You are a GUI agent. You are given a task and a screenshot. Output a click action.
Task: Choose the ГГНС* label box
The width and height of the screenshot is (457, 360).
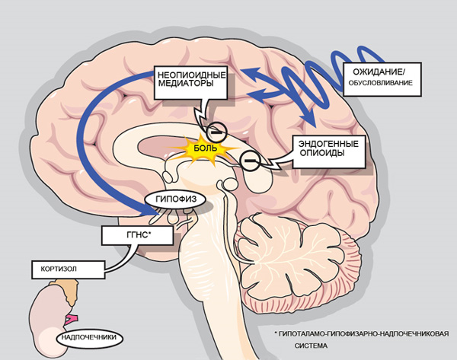138,237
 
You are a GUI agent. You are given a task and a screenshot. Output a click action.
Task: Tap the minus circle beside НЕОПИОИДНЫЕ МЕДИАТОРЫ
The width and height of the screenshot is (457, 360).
216,129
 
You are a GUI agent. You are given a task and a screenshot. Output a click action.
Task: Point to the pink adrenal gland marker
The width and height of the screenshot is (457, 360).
73,316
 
